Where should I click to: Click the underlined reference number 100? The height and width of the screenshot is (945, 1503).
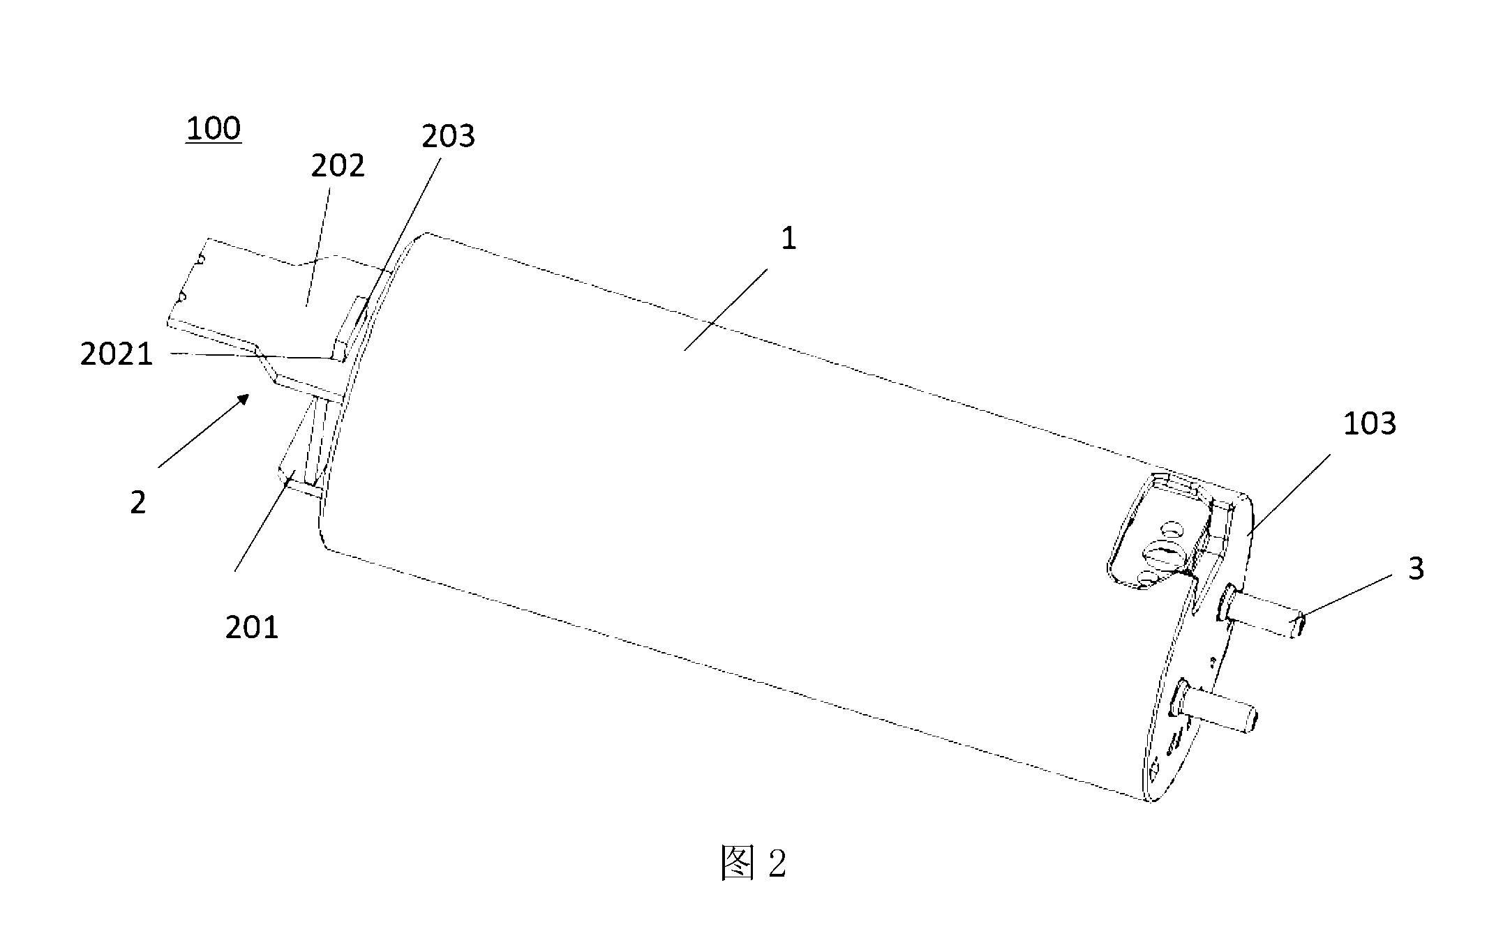point(214,129)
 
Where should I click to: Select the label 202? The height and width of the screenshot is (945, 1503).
point(338,167)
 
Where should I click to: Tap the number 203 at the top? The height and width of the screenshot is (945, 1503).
point(448,137)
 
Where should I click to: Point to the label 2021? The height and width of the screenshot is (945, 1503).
point(117,355)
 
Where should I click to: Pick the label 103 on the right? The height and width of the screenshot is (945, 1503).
point(1370,423)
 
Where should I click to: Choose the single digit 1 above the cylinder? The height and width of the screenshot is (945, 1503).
point(788,239)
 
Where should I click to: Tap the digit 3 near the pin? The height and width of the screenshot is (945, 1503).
point(1416,569)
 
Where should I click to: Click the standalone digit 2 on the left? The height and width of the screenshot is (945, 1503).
point(138,503)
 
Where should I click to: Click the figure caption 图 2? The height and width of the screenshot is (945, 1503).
point(754,864)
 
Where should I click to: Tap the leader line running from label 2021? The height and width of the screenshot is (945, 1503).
point(250,356)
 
